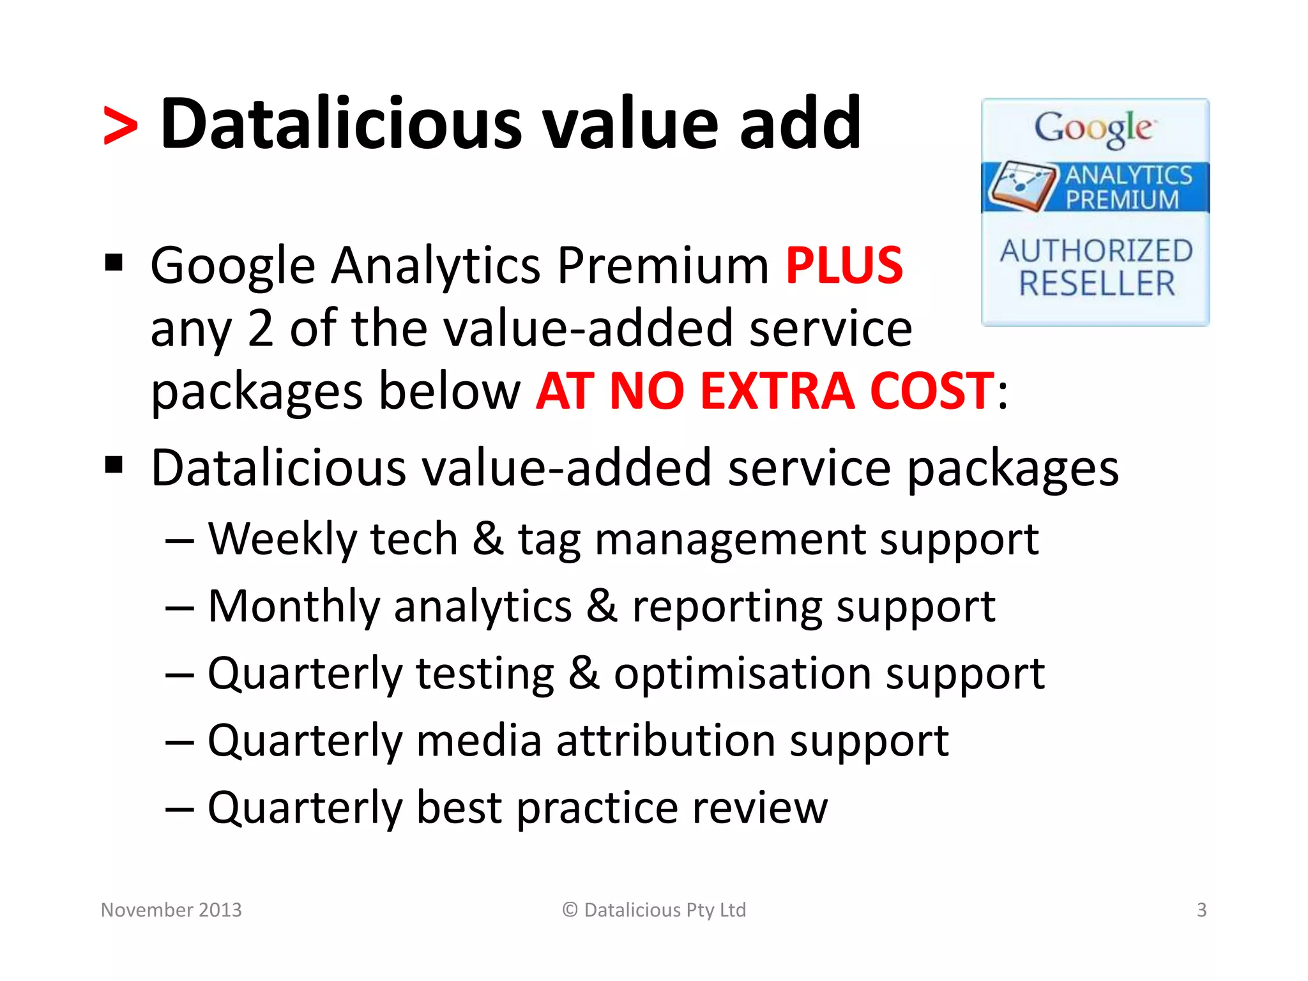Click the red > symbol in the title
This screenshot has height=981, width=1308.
click(x=120, y=126)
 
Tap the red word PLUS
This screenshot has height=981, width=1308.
click(x=844, y=265)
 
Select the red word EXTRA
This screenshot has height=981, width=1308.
click(x=777, y=391)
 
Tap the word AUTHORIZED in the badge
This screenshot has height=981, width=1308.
click(x=1096, y=250)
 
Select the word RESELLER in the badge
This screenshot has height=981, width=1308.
click(x=1096, y=284)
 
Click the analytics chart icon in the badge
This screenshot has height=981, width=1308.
click(x=1021, y=185)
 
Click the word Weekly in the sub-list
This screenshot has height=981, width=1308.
click(x=282, y=540)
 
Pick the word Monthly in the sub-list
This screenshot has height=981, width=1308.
click(x=294, y=607)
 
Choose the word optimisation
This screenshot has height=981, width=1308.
click(x=741, y=674)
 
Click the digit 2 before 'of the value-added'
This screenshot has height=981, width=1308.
click(x=260, y=328)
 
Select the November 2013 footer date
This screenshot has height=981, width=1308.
click(x=171, y=909)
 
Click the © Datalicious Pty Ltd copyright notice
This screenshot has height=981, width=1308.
click(x=654, y=909)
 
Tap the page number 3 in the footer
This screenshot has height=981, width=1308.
click(x=1201, y=909)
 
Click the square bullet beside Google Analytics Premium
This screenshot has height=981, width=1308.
click(x=114, y=262)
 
